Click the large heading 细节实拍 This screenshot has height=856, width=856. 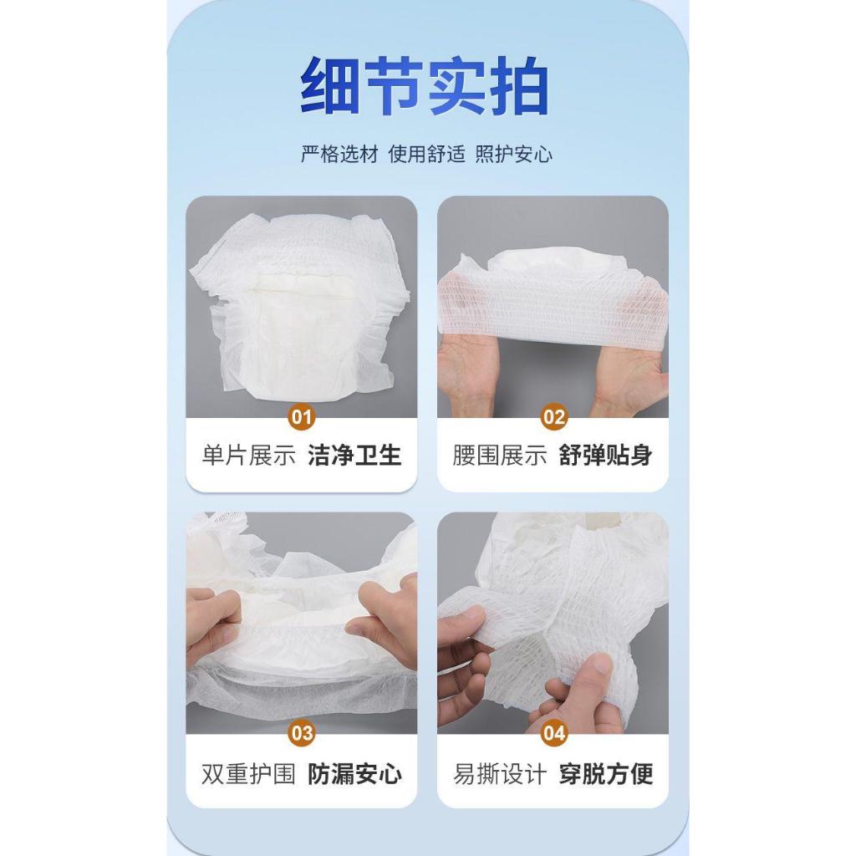pos(425,86)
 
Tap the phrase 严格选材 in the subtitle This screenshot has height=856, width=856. pos(339,155)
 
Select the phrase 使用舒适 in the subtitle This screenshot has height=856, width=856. pos(427,155)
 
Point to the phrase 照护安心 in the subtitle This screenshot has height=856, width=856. pos(514,155)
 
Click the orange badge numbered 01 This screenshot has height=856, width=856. pos(301,418)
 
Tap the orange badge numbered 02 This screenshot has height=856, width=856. pos(553,418)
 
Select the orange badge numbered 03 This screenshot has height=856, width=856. pos(301,732)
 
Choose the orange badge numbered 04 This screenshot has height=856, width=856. pos(553,732)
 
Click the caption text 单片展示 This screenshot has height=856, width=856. pos(249,456)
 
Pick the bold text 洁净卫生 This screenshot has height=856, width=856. pos(354,456)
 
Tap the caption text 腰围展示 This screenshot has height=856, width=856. pos(500,456)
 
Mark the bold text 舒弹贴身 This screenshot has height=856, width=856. pos(606,456)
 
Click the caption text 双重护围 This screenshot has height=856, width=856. pos(249,774)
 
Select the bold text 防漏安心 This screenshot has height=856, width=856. pos(354,774)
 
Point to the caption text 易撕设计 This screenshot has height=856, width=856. pos(500,774)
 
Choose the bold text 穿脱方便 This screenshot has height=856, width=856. pos(606,774)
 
